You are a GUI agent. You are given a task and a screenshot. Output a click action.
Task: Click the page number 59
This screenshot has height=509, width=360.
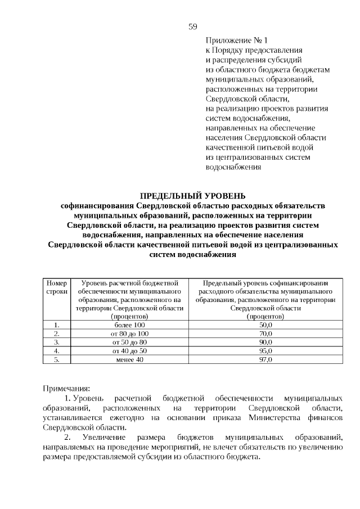click(192, 26)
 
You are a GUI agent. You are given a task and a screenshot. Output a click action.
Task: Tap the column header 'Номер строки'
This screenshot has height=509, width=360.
click(56, 288)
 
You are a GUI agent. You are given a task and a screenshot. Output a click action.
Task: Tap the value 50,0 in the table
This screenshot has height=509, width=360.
click(265, 325)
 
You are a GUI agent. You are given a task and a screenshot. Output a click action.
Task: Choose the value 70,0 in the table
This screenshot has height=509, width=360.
click(265, 334)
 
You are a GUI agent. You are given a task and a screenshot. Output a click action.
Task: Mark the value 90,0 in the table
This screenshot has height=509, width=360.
click(265, 342)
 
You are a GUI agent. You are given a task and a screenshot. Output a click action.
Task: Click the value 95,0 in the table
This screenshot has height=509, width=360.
click(265, 350)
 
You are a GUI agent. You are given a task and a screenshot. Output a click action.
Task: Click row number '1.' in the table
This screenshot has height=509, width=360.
click(56, 325)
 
